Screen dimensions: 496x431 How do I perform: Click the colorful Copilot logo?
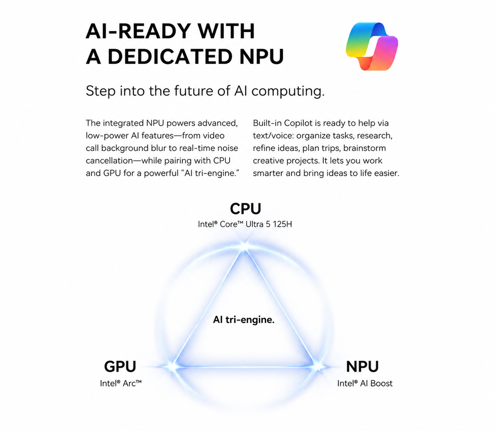point(372,46)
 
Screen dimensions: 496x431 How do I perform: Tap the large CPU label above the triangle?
point(246,208)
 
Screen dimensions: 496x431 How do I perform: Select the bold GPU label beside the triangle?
point(120,367)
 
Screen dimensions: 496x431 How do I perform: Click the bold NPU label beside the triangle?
point(362,367)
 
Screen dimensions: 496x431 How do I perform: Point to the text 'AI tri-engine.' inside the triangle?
point(244,319)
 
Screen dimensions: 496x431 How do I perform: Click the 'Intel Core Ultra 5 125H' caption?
point(245,224)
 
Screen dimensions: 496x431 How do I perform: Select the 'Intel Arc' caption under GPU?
point(121,383)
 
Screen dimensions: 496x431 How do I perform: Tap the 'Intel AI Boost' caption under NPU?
point(365,383)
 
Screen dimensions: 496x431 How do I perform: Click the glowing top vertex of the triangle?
point(244,246)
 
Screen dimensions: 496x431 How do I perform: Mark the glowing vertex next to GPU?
point(172,367)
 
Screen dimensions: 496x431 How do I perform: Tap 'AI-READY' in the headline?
point(138,31)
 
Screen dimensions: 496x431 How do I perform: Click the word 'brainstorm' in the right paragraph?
point(364,148)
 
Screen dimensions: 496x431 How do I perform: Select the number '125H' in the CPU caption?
point(282,224)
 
